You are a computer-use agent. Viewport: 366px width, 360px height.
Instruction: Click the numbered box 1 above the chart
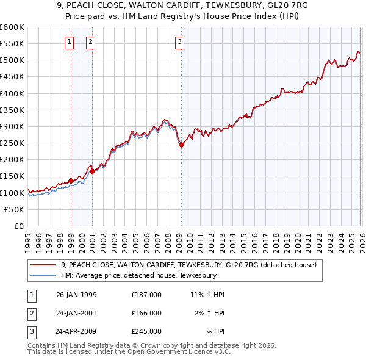70,42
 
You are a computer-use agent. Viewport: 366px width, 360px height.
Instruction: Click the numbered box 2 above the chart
90,42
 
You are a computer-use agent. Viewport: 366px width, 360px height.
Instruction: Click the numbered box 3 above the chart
180,42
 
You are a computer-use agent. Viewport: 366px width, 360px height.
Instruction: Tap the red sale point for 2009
181,145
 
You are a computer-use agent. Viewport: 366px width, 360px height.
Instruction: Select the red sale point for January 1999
71,181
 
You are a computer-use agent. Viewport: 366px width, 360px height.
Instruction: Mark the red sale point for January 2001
92,171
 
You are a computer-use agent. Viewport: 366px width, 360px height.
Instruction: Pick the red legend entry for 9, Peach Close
188,265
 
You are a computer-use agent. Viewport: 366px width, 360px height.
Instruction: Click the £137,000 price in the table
146,294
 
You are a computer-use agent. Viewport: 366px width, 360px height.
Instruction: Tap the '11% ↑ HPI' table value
208,294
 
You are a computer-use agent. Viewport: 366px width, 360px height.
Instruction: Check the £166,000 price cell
146,313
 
